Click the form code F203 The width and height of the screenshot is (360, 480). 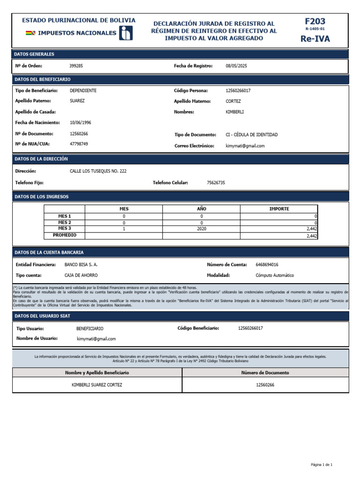pos(315,21)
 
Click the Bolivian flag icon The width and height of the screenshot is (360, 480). pos(30,33)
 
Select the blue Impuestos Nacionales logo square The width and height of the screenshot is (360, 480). pos(126,33)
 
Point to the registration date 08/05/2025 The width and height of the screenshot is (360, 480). pos(236,66)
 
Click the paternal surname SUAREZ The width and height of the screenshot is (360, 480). pos(77,101)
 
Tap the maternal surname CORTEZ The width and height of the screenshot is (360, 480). pos(233,101)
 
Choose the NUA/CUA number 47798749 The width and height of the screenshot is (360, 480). pos(79,144)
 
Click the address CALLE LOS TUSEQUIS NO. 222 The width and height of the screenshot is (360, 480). pos(98,171)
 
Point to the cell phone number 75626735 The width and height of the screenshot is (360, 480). pos(216,183)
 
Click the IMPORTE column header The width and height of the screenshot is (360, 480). pos(279,209)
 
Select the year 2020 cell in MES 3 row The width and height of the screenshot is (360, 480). pos(202,229)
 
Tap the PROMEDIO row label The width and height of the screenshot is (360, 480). pos(65,235)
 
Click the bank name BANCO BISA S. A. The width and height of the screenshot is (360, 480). pos(81,265)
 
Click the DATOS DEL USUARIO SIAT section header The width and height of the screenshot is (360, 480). pos(42,316)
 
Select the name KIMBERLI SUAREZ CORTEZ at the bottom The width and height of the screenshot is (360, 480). pos(97,385)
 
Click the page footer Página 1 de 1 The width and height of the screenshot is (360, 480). pos(321,465)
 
